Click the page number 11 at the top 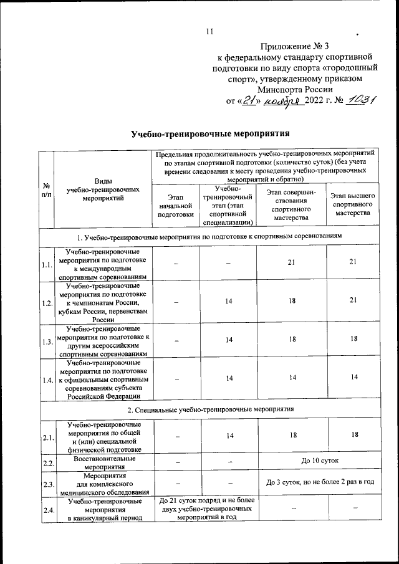(x=209, y=32)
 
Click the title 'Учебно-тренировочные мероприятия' (x=211, y=134)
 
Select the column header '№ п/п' (x=47, y=190)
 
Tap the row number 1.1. (x=47, y=265)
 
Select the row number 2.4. (x=47, y=510)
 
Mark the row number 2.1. (x=47, y=438)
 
